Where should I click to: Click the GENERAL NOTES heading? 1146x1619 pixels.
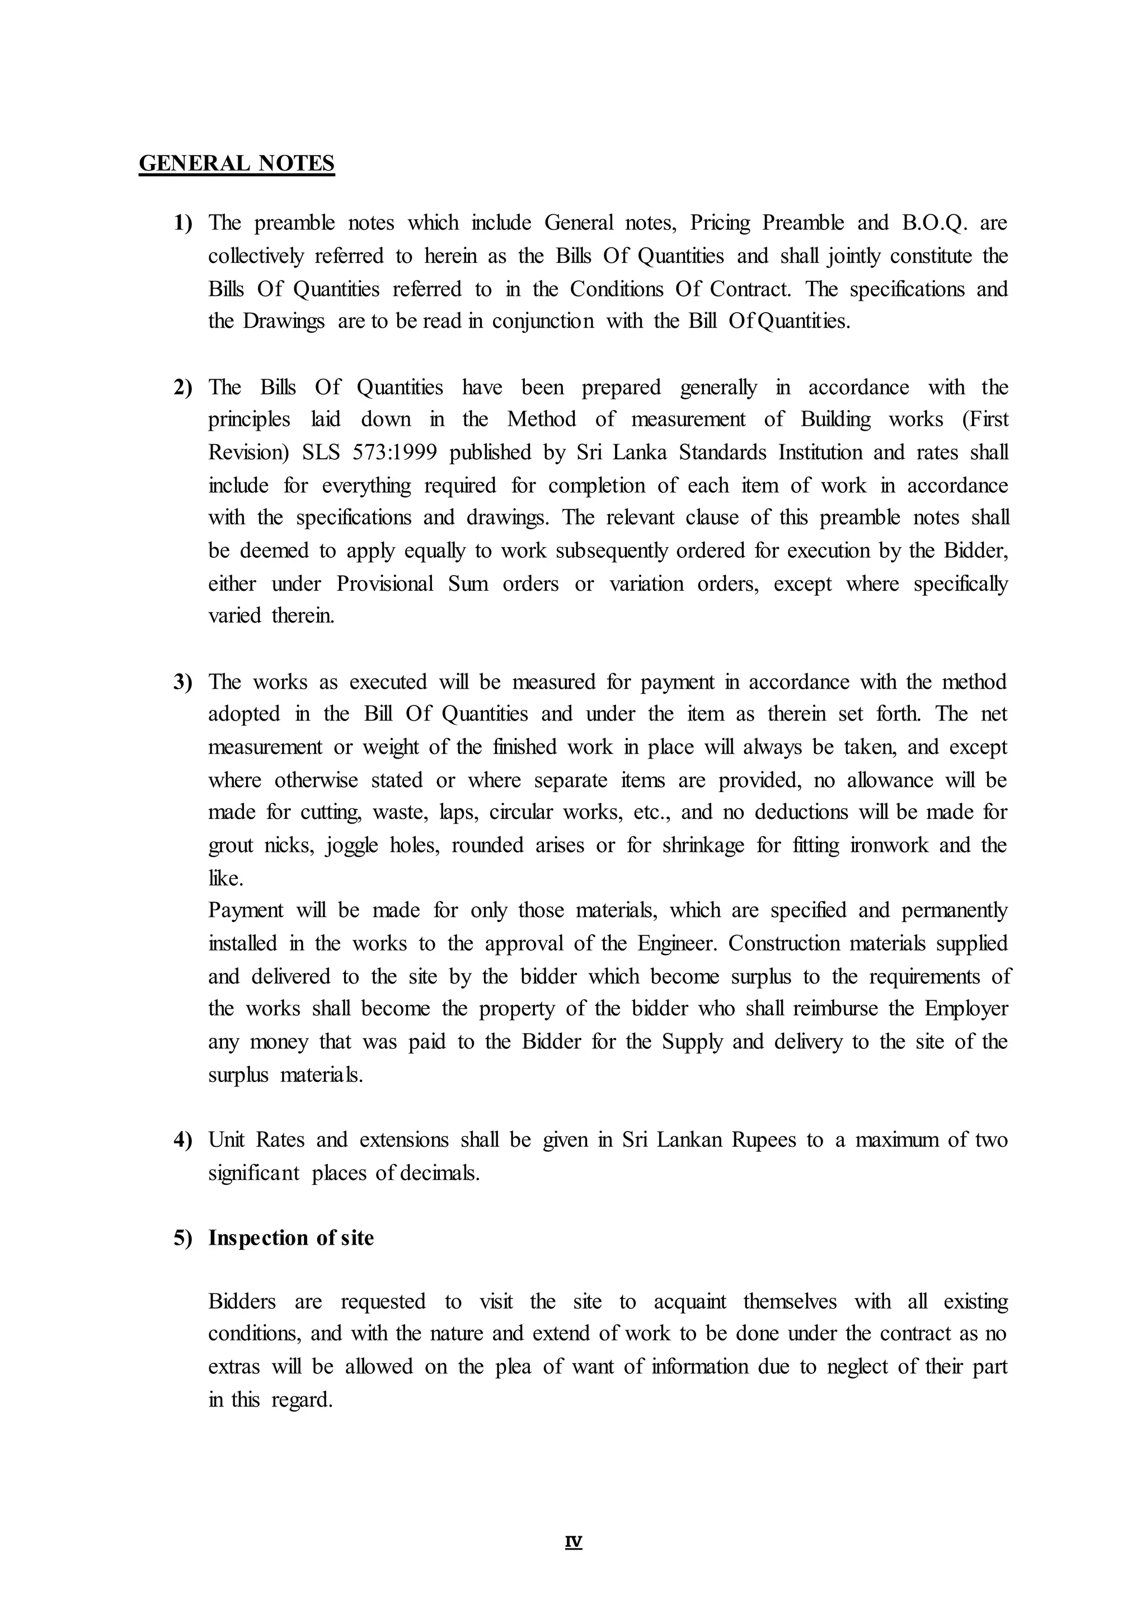point(236,164)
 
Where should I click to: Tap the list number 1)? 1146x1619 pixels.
point(183,223)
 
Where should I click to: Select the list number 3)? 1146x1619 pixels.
point(183,682)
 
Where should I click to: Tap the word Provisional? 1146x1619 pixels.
point(384,584)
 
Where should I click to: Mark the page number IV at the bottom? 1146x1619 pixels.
point(573,1542)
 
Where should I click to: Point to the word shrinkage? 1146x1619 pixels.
point(703,845)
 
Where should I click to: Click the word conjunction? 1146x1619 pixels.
point(543,322)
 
